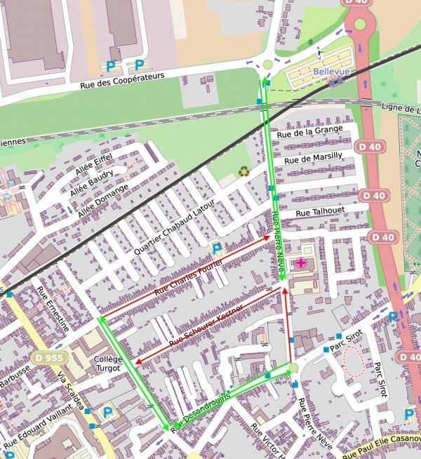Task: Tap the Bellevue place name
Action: coord(330,72)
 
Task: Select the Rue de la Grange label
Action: coord(309,130)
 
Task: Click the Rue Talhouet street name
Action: coord(321,211)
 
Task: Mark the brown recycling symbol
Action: coord(243,171)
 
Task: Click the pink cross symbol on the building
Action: coord(301,262)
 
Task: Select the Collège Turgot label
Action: coord(107,364)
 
